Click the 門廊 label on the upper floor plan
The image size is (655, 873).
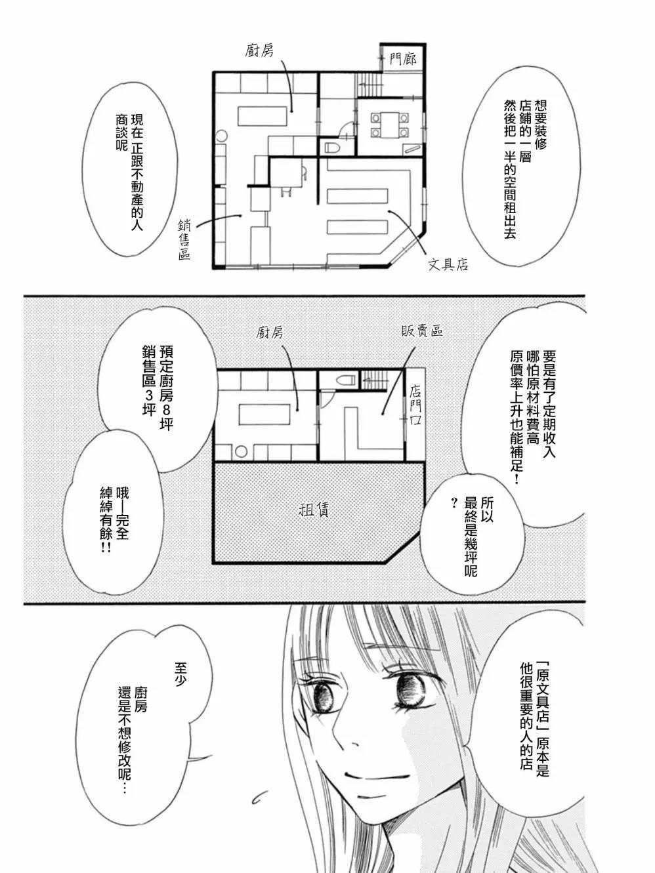pos(402,60)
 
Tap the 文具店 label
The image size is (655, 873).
pos(448,264)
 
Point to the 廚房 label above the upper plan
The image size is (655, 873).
pos(259,51)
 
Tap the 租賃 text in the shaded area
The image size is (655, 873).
pos(314,510)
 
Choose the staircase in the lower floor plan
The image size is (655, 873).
pos(374,378)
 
